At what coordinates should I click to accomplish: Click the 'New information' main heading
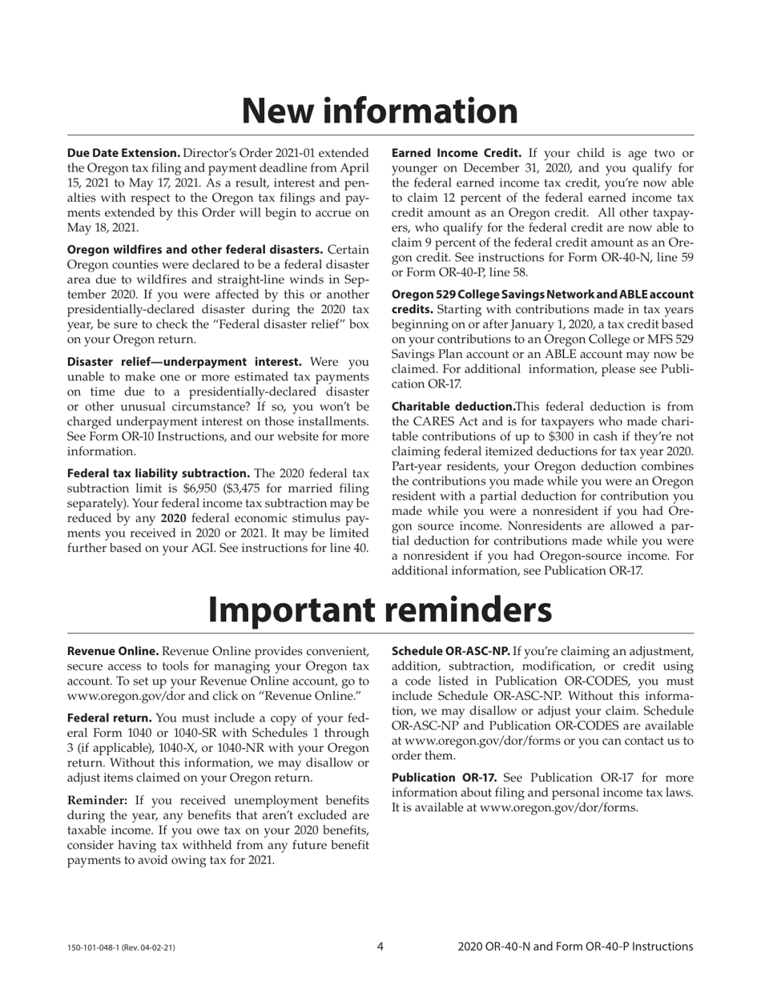tap(380, 111)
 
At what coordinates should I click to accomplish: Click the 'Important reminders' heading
tap(380, 609)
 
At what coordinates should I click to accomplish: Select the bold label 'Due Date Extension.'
tap(123, 152)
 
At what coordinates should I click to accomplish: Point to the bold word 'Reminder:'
tap(97, 800)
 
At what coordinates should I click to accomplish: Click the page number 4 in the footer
tap(380, 947)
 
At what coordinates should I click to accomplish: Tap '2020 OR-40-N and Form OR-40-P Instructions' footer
tap(575, 947)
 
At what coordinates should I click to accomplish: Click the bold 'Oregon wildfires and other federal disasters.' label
tap(195, 250)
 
